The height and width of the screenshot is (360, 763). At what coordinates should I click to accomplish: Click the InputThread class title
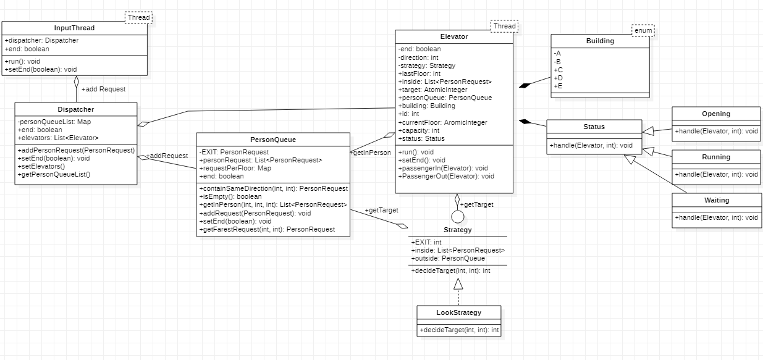pos(74,28)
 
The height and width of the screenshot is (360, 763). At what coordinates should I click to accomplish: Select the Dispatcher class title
pos(75,109)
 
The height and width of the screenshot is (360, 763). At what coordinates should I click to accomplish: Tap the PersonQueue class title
pos(272,140)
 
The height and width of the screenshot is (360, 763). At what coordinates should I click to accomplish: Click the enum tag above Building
pos(643,30)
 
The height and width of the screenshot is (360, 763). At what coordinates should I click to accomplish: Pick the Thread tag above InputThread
pos(138,17)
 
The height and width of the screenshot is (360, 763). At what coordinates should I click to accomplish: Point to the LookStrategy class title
pos(458,312)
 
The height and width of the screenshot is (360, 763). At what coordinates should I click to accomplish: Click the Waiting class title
pos(717,200)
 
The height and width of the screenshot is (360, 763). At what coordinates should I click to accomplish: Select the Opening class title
pos(715,114)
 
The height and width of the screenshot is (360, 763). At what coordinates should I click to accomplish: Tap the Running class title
pos(715,157)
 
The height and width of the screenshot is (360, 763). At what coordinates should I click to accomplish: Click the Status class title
pos(594,127)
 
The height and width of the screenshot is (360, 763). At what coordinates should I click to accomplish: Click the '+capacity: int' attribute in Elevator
pos(419,130)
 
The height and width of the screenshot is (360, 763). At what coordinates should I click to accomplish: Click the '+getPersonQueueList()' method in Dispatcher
pos(54,174)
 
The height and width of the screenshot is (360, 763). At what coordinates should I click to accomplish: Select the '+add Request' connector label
pos(103,89)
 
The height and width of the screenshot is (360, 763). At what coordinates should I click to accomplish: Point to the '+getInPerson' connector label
pos(371,152)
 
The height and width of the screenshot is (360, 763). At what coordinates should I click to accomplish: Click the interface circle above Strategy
pos(457,216)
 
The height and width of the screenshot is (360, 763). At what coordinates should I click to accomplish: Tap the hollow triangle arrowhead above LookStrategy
pos(458,283)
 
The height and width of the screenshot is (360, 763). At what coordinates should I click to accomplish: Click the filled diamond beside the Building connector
pos(525,86)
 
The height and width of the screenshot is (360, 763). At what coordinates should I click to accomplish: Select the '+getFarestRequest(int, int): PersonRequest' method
pos(267,229)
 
